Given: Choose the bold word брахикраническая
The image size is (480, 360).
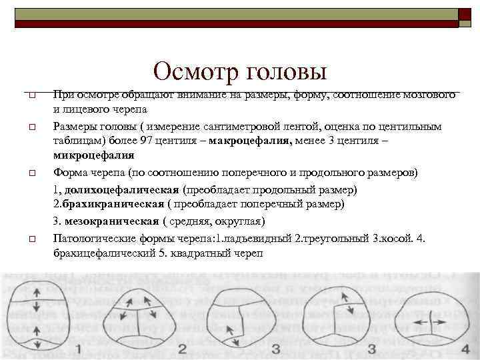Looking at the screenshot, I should tap(114, 205).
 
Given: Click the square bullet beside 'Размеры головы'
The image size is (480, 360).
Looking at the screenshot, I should tap(31, 126).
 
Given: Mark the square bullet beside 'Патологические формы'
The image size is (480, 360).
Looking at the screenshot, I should tap(31, 238).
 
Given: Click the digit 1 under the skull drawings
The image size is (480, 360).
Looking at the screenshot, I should tap(79, 349).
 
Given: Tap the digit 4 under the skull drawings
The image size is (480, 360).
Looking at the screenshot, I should tap(465, 349).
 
